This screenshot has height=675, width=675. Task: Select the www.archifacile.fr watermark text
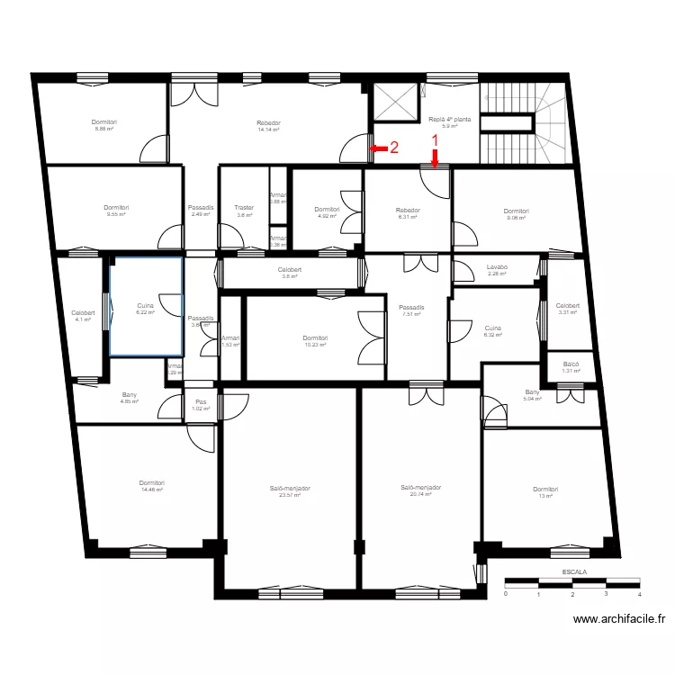coord(619,619)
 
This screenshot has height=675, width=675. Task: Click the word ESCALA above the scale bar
coord(573,571)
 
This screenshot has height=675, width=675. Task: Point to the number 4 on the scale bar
coord(639,594)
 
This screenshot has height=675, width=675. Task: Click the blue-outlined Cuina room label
coord(146,309)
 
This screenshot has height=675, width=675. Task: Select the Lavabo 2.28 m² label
coord(497,270)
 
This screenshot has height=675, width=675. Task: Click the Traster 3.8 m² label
coord(244,211)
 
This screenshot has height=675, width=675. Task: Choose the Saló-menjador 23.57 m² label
coord(290,490)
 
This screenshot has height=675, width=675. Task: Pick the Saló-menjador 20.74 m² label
coord(420,490)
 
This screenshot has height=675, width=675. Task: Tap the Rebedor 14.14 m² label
coord(268,126)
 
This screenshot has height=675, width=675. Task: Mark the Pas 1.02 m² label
coord(201,405)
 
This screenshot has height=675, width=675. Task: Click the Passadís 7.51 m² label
coord(412,310)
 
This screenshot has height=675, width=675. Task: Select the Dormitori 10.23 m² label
coord(315,341)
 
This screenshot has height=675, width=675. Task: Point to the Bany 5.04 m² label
coord(533,395)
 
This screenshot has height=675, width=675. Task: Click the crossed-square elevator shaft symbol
coord(396,103)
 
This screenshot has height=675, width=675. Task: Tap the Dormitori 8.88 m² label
coord(104,125)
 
